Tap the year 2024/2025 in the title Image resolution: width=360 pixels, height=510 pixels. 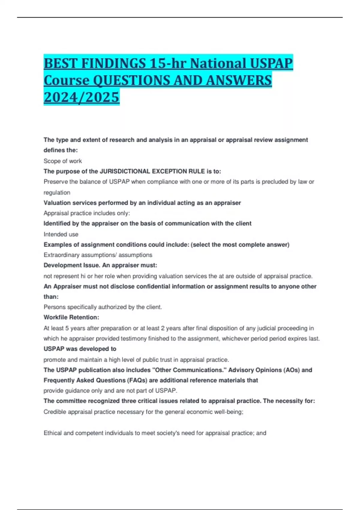[82, 97]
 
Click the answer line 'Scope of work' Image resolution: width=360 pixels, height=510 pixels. [63, 161]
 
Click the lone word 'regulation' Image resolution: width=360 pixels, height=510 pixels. [57, 192]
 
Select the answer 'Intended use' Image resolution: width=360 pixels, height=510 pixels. [61, 234]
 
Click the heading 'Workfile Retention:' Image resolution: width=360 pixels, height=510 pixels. [71, 317]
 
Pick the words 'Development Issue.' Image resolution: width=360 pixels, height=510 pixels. [72, 265]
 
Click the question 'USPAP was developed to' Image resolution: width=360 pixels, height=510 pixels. [80, 349]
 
